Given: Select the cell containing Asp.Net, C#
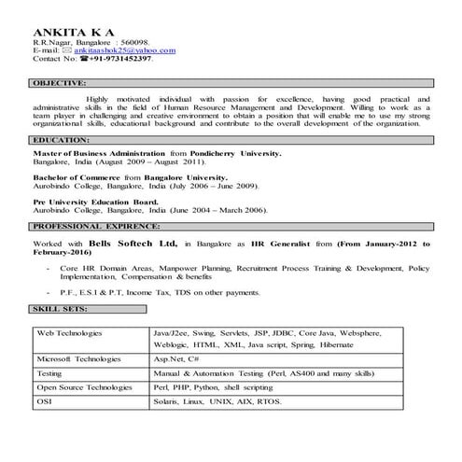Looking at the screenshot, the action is tap(174, 358).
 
